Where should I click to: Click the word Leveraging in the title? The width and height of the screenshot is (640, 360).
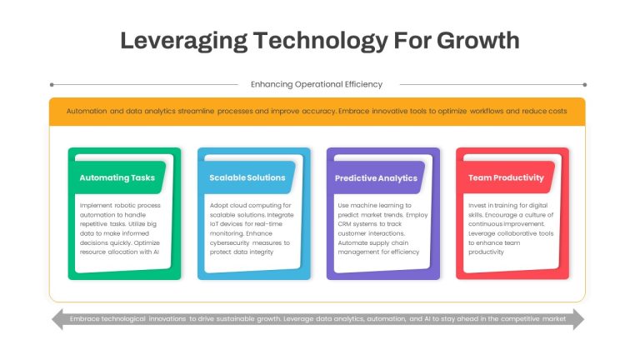(x=183, y=42)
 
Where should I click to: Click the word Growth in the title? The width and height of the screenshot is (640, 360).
(x=478, y=41)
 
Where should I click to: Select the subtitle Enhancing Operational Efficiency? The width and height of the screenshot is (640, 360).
(x=317, y=84)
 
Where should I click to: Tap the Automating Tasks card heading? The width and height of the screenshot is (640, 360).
(x=117, y=178)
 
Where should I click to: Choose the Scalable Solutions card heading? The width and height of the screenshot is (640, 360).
(x=247, y=177)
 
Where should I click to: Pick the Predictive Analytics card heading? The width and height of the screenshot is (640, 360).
(x=376, y=178)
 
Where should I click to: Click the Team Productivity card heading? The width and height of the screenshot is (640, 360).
(x=506, y=178)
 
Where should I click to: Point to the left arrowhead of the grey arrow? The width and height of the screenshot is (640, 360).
(x=58, y=319)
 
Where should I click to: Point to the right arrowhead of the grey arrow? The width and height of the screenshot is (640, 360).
(x=579, y=319)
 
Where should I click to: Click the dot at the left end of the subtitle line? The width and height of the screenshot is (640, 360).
(x=52, y=85)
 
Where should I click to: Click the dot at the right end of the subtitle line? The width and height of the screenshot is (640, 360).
(x=584, y=85)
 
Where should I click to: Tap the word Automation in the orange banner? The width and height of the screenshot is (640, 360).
(x=87, y=111)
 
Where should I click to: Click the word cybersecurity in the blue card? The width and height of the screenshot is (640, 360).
(x=229, y=242)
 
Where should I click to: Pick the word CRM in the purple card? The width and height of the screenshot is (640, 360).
(x=344, y=224)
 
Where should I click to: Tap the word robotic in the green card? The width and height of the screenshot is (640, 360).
(x=125, y=205)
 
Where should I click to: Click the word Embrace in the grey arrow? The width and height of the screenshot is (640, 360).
(x=84, y=319)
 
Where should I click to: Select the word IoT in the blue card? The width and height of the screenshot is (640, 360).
(x=214, y=224)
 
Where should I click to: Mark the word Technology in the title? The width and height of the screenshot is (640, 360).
(x=320, y=42)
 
